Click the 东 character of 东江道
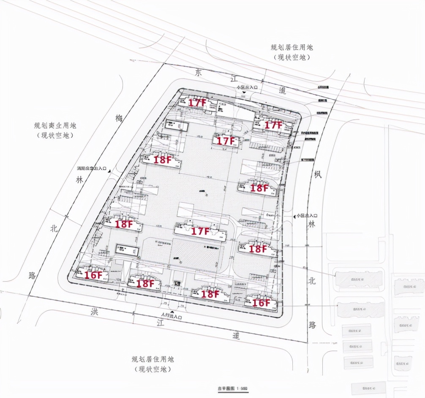coord(199,72)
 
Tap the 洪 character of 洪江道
coord(94,312)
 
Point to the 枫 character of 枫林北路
coord(317,174)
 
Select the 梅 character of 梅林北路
coord(120,120)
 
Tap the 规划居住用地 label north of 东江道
coord(292,48)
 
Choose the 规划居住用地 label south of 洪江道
coord(153,360)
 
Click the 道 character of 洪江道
coord(236,336)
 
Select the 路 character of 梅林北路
coord(32,276)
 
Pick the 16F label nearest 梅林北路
coord(93,275)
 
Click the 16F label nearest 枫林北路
coord(261,302)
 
